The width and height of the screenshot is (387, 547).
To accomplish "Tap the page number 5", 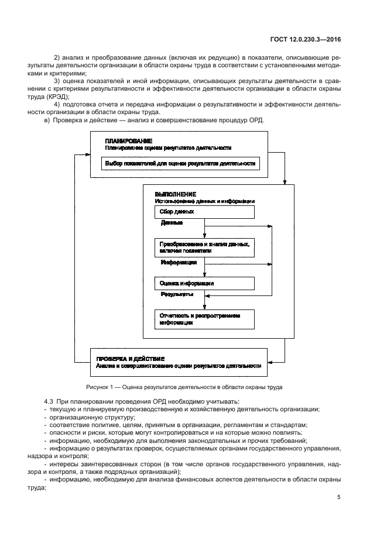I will click(x=339, y=497).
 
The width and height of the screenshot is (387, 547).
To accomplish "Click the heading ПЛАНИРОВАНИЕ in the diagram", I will click(x=129, y=141).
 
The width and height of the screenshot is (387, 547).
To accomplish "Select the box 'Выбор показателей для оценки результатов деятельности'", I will click(x=180, y=164).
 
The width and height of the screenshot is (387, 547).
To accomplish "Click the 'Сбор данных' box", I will click(x=204, y=212).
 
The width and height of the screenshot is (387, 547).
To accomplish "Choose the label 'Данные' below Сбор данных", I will click(x=172, y=223).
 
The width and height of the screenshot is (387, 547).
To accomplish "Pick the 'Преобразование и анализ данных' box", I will click(x=204, y=247).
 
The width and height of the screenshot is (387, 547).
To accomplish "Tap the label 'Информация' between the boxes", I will click(x=179, y=263).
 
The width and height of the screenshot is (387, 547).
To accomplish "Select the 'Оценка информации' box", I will click(x=204, y=283).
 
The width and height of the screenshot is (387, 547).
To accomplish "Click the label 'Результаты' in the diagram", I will click(x=177, y=294).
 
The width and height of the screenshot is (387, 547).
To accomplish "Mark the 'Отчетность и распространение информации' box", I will click(x=204, y=319).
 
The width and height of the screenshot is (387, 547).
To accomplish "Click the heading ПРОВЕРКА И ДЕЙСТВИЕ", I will click(x=131, y=358).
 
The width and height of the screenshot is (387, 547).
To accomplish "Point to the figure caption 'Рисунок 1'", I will click(x=184, y=387).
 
